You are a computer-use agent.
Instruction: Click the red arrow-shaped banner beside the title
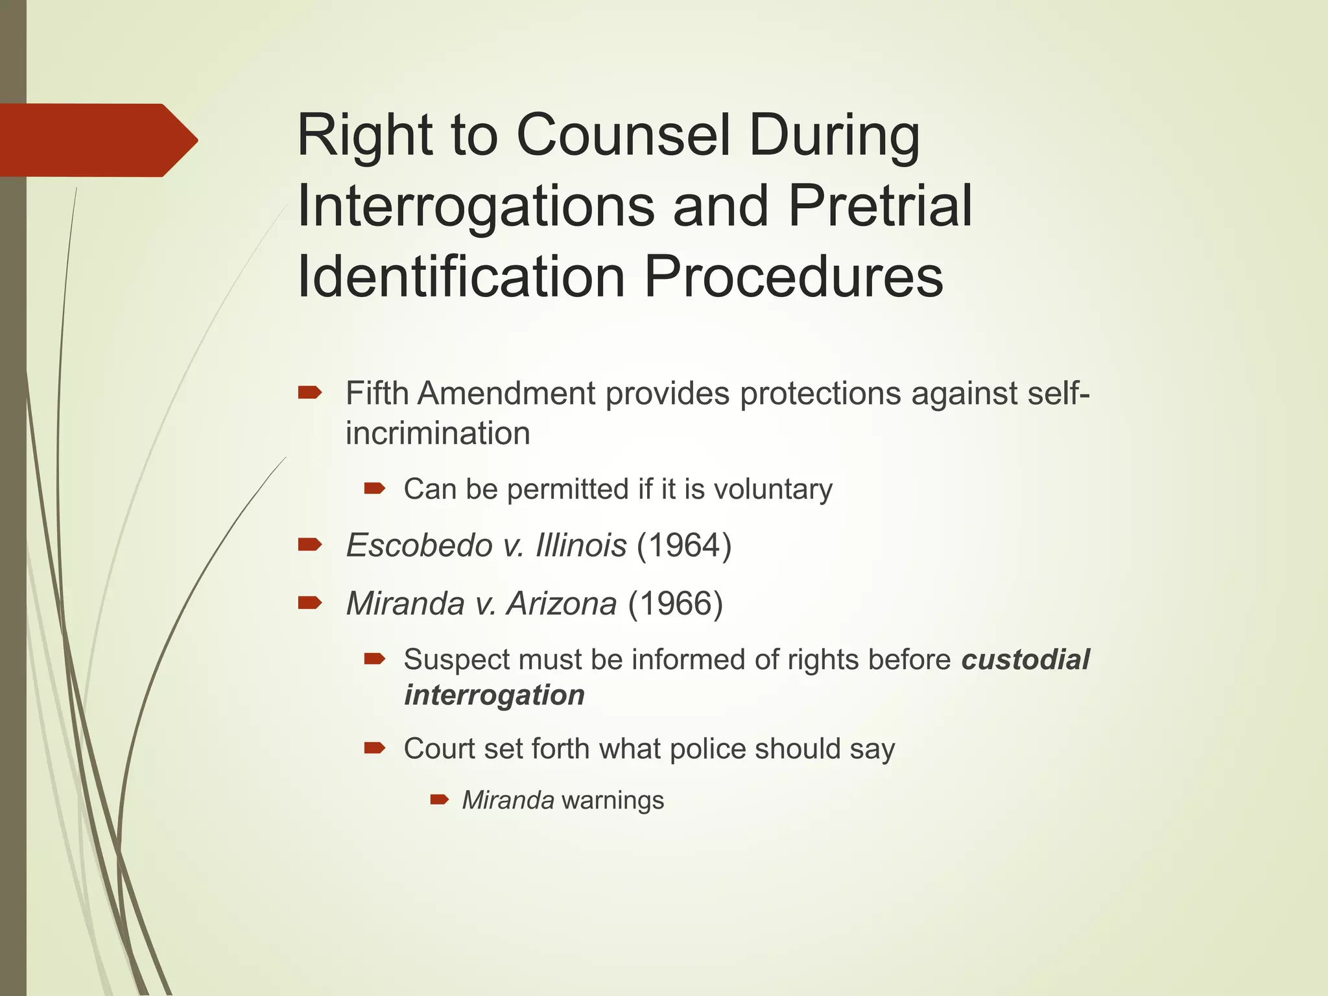click(x=97, y=140)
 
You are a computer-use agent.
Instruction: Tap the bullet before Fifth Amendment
click(x=310, y=392)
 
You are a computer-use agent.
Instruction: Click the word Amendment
click(x=506, y=393)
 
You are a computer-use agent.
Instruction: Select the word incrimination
click(x=438, y=433)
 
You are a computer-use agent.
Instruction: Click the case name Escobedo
click(x=420, y=545)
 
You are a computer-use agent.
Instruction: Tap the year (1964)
click(x=684, y=545)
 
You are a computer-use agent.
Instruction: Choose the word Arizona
click(x=562, y=604)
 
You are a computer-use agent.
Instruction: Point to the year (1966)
click(x=675, y=604)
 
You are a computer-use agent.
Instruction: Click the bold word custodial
click(x=1025, y=659)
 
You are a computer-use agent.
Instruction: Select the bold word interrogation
click(x=494, y=695)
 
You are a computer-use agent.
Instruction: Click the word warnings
click(x=613, y=800)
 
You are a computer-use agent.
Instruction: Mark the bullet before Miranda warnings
click(x=440, y=799)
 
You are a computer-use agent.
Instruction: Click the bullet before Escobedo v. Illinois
click(x=310, y=544)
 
